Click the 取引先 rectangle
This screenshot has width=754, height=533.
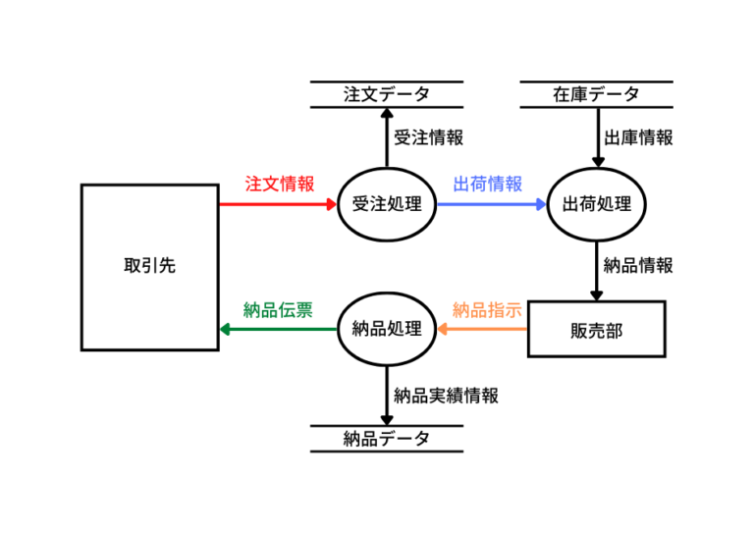tap(149, 266)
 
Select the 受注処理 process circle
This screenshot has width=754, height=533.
tap(386, 205)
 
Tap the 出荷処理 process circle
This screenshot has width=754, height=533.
tap(596, 205)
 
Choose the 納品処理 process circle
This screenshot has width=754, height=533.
tap(386, 329)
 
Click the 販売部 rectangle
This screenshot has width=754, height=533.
tap(596, 329)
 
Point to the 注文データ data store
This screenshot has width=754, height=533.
tap(386, 94)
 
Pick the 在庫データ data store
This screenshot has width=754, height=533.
tap(596, 94)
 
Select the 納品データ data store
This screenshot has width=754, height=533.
tap(386, 439)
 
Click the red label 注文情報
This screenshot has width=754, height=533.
tap(279, 184)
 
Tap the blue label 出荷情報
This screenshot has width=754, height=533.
tap(487, 184)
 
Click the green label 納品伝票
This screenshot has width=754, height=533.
tap(278, 310)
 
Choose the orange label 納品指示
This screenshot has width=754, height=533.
tap(487, 310)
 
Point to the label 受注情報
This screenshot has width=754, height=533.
tap(428, 138)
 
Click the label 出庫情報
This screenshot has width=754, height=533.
tap(638, 138)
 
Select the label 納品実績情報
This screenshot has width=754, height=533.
tap(446, 397)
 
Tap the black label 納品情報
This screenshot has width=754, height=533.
tap(638, 265)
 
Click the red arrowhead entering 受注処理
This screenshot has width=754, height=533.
tap(331, 205)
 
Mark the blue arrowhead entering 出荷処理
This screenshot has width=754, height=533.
tap(541, 205)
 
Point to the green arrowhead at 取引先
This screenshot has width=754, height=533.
tap(226, 329)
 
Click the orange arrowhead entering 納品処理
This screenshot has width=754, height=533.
tap(441, 329)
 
